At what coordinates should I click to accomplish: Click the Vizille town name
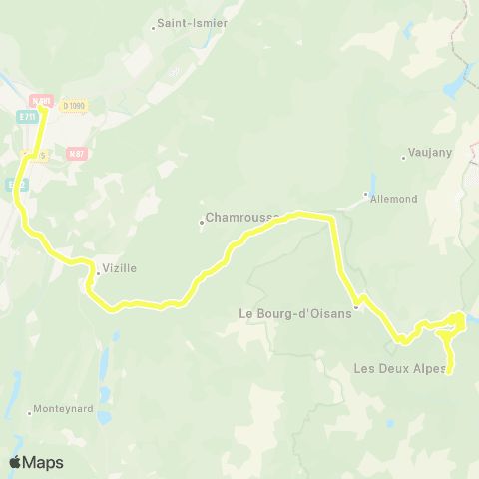119,268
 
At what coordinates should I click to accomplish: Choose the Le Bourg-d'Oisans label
296,313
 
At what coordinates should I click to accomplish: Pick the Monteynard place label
64,408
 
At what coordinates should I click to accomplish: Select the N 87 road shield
76,153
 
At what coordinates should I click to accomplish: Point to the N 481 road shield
41,100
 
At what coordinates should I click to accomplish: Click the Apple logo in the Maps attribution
15,462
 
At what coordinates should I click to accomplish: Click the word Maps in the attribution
43,462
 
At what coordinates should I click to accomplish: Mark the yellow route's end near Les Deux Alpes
450,372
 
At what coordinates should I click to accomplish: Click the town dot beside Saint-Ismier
153,28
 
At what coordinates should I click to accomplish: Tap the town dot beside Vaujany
402,156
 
